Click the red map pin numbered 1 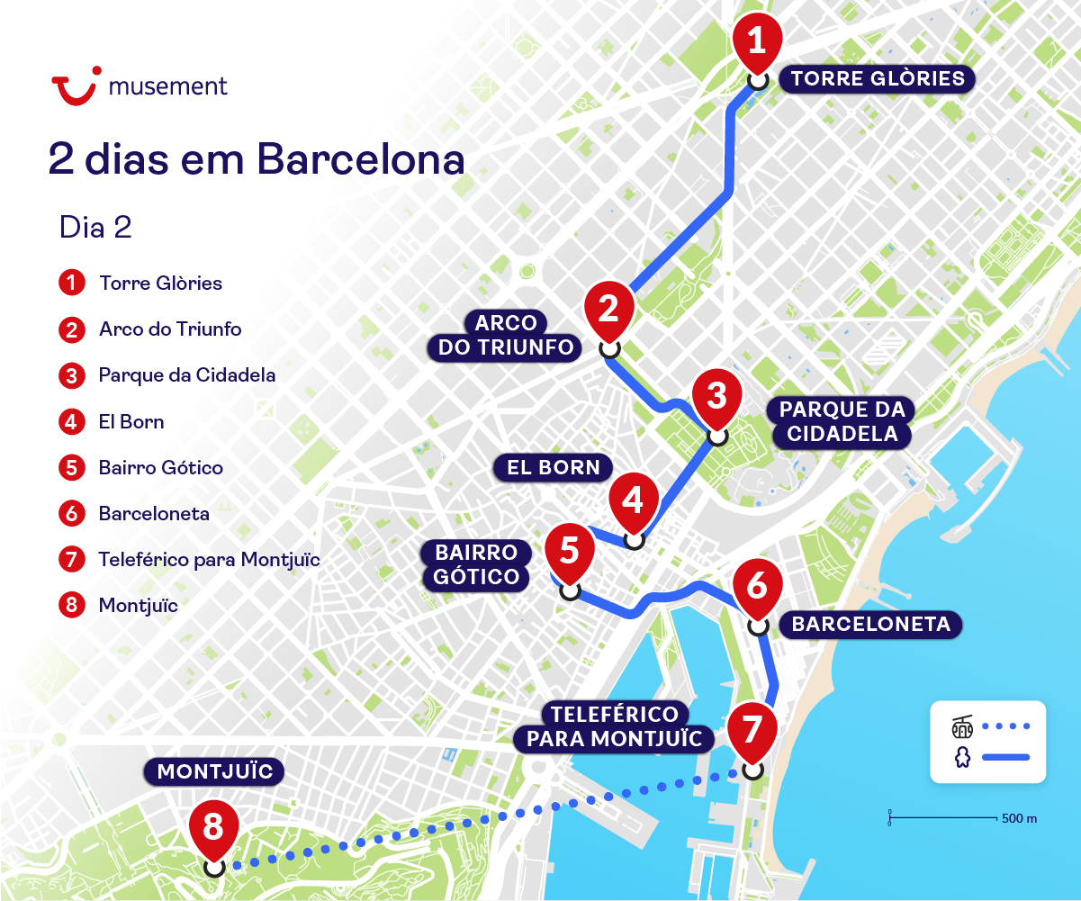pyautogui.click(x=757, y=41)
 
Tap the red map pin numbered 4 pyautogui.click(x=634, y=500)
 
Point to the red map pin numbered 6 pyautogui.click(x=757, y=586)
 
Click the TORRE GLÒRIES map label pyautogui.click(x=878, y=78)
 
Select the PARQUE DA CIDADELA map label pyautogui.click(x=839, y=421)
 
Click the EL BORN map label pyautogui.click(x=553, y=467)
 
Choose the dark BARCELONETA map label pyautogui.click(x=870, y=624)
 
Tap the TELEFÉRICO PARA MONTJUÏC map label pyautogui.click(x=614, y=727)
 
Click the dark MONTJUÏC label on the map pyautogui.click(x=214, y=771)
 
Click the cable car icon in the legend pyautogui.click(x=962, y=725)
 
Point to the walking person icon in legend pyautogui.click(x=962, y=758)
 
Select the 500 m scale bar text pyautogui.click(x=1019, y=818)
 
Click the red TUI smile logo pyautogui.click(x=75, y=88)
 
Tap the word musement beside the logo pyautogui.click(x=167, y=86)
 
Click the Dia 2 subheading pyautogui.click(x=95, y=227)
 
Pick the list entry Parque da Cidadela pyautogui.click(x=187, y=375)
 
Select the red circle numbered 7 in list pyautogui.click(x=71, y=560)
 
